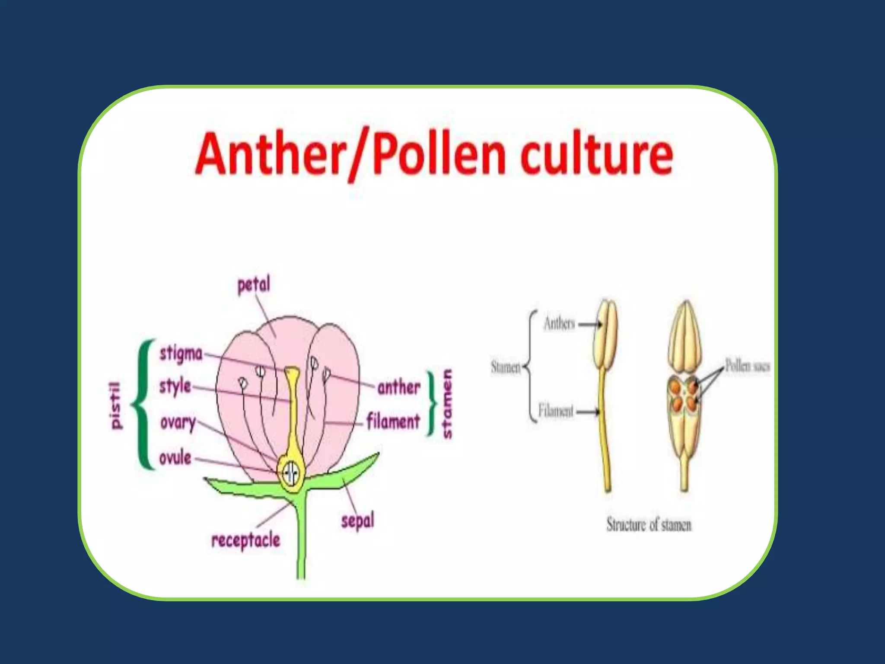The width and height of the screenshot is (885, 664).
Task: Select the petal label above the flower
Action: (x=254, y=285)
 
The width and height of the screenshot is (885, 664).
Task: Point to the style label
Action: (x=175, y=386)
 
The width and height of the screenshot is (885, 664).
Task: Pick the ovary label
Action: (x=178, y=422)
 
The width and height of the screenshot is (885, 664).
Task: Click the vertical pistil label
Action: (x=115, y=405)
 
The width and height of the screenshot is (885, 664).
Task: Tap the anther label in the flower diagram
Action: (x=398, y=387)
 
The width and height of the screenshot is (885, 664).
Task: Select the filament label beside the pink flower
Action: (x=393, y=421)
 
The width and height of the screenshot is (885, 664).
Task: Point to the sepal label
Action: (x=357, y=521)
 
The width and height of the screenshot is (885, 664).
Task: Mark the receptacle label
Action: (x=245, y=540)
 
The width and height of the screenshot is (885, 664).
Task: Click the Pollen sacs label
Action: (x=747, y=366)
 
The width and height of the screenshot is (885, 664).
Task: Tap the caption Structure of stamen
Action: (x=649, y=525)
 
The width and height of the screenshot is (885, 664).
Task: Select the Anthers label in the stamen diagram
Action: (x=559, y=323)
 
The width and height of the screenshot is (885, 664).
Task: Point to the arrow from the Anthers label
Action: (x=589, y=324)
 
